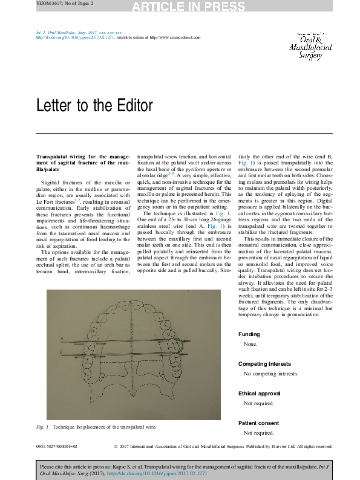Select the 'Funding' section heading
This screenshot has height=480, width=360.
[x=249, y=334]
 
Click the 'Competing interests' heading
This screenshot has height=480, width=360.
[x=264, y=364]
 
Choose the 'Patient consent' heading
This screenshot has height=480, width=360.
[x=259, y=423]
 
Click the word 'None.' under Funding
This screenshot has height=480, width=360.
[x=250, y=345]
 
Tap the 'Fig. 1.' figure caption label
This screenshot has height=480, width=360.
[x=43, y=427]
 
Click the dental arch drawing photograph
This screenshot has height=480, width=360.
[x=135, y=355]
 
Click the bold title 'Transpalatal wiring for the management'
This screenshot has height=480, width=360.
[x=77, y=157]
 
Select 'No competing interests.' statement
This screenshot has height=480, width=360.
[x=267, y=374]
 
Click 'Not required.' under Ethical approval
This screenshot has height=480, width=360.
[x=259, y=404]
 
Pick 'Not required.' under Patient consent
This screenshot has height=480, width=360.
[x=259, y=433]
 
